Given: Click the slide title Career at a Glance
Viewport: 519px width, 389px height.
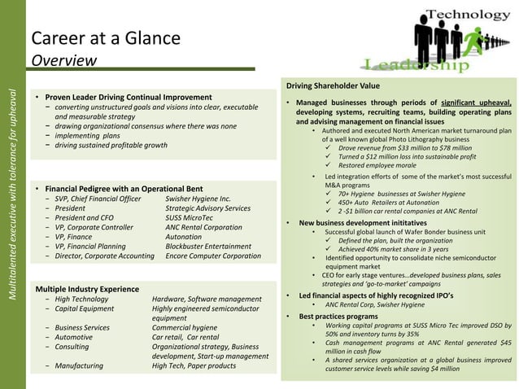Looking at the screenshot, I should (x=106, y=38).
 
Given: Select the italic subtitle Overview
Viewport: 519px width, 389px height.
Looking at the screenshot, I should (x=65, y=60).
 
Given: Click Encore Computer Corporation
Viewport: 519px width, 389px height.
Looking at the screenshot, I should (x=213, y=256).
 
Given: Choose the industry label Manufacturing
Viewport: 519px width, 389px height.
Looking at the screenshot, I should (x=79, y=365).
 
